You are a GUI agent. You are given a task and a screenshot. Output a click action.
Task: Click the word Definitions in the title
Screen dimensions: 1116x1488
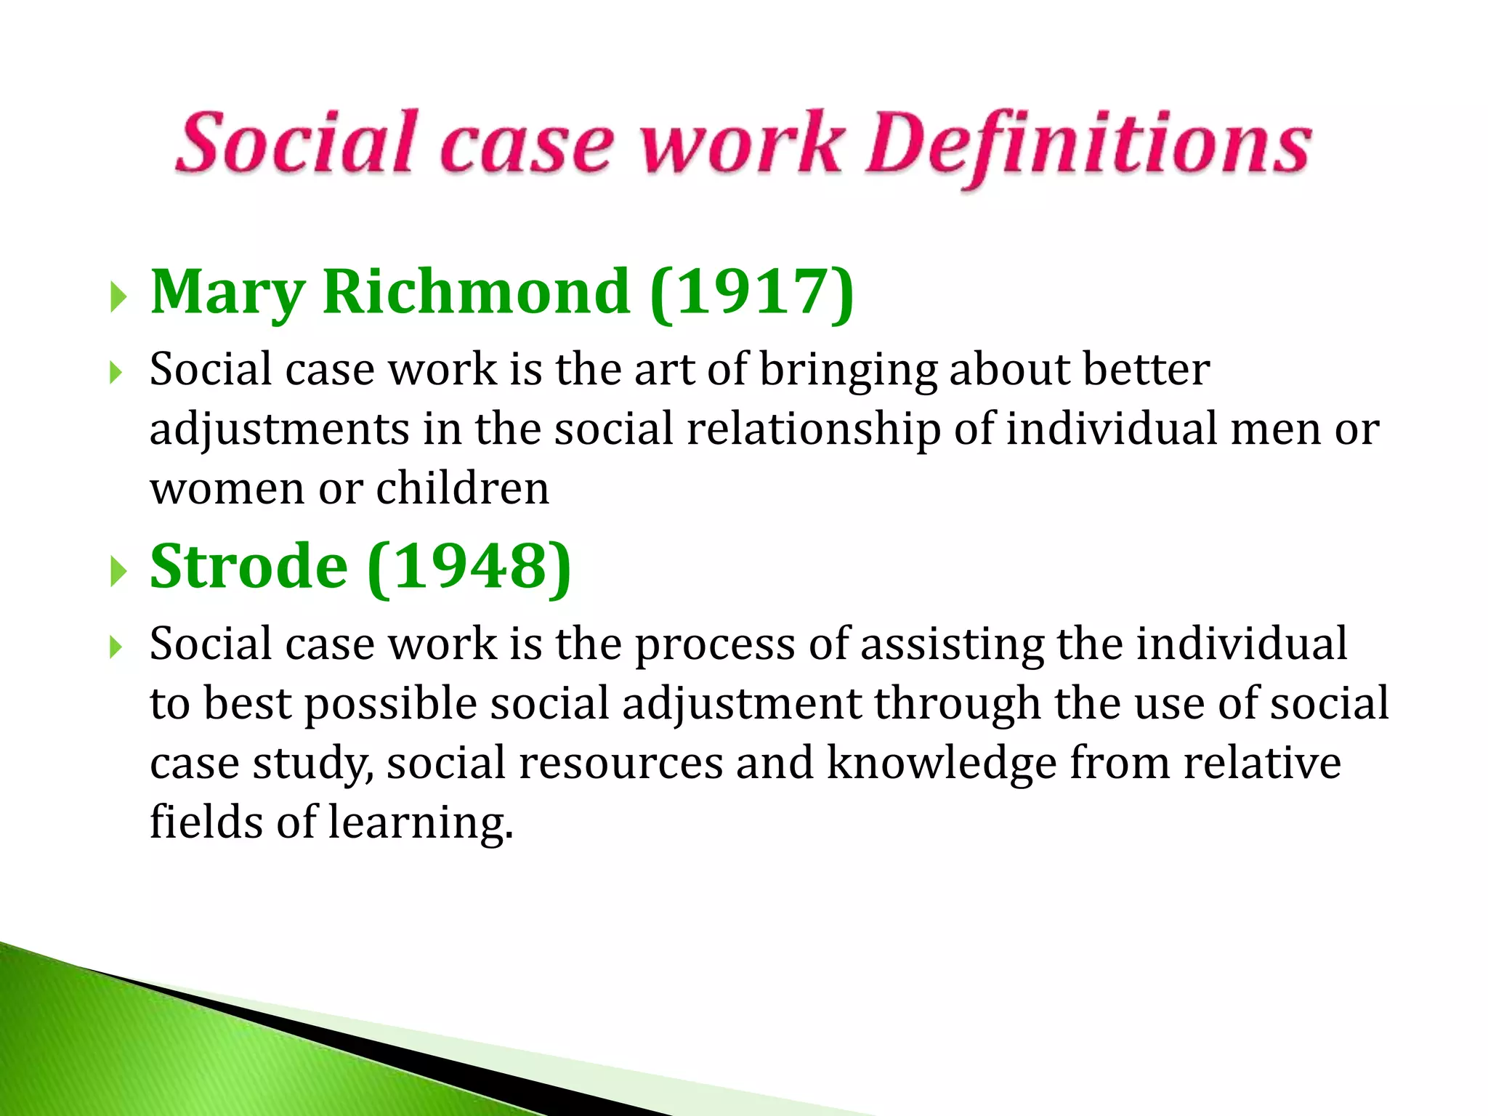1088,145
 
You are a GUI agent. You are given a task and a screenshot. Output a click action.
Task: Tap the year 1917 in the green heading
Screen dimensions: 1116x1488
751,292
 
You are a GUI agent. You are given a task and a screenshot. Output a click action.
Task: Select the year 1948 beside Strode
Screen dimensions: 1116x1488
469,567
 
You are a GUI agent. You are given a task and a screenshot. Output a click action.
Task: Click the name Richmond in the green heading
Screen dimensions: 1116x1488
477,292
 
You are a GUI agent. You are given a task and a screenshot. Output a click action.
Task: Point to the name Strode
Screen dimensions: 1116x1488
248,567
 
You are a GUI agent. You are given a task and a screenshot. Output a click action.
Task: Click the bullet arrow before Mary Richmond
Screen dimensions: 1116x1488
118,296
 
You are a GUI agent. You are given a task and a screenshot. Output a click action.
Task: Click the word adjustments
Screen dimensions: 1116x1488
280,430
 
